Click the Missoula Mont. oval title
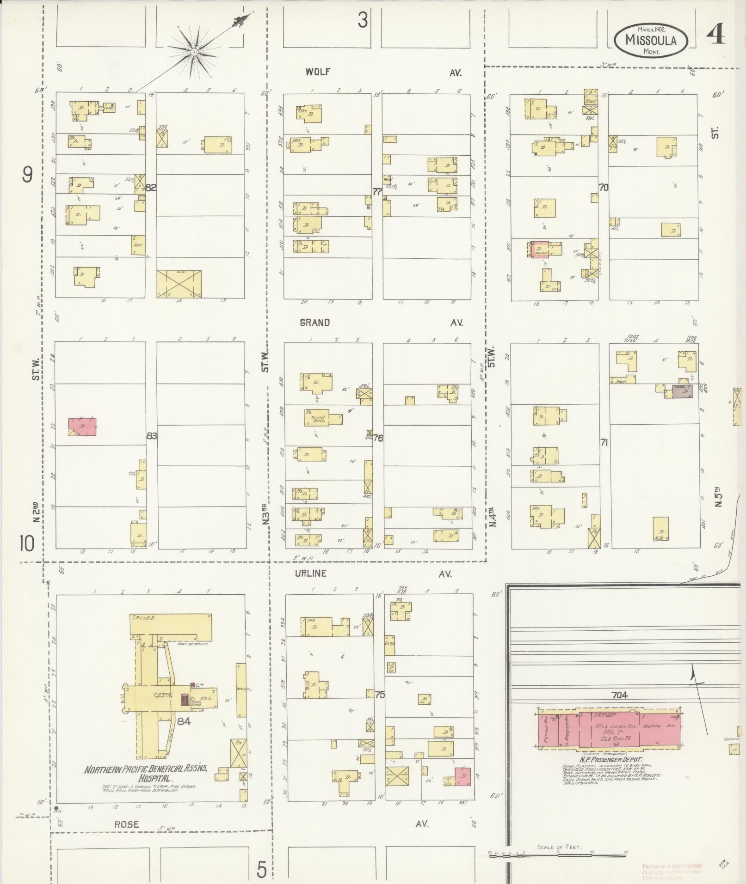tap(651, 40)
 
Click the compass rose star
tap(195, 52)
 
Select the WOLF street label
tap(318, 72)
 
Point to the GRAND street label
tap(314, 323)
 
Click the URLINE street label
tap(310, 573)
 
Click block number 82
tap(151, 188)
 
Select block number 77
tap(377, 192)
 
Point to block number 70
tap(603, 188)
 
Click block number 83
tap(151, 436)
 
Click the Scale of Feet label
tap(560, 847)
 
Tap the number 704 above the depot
tap(619, 707)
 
